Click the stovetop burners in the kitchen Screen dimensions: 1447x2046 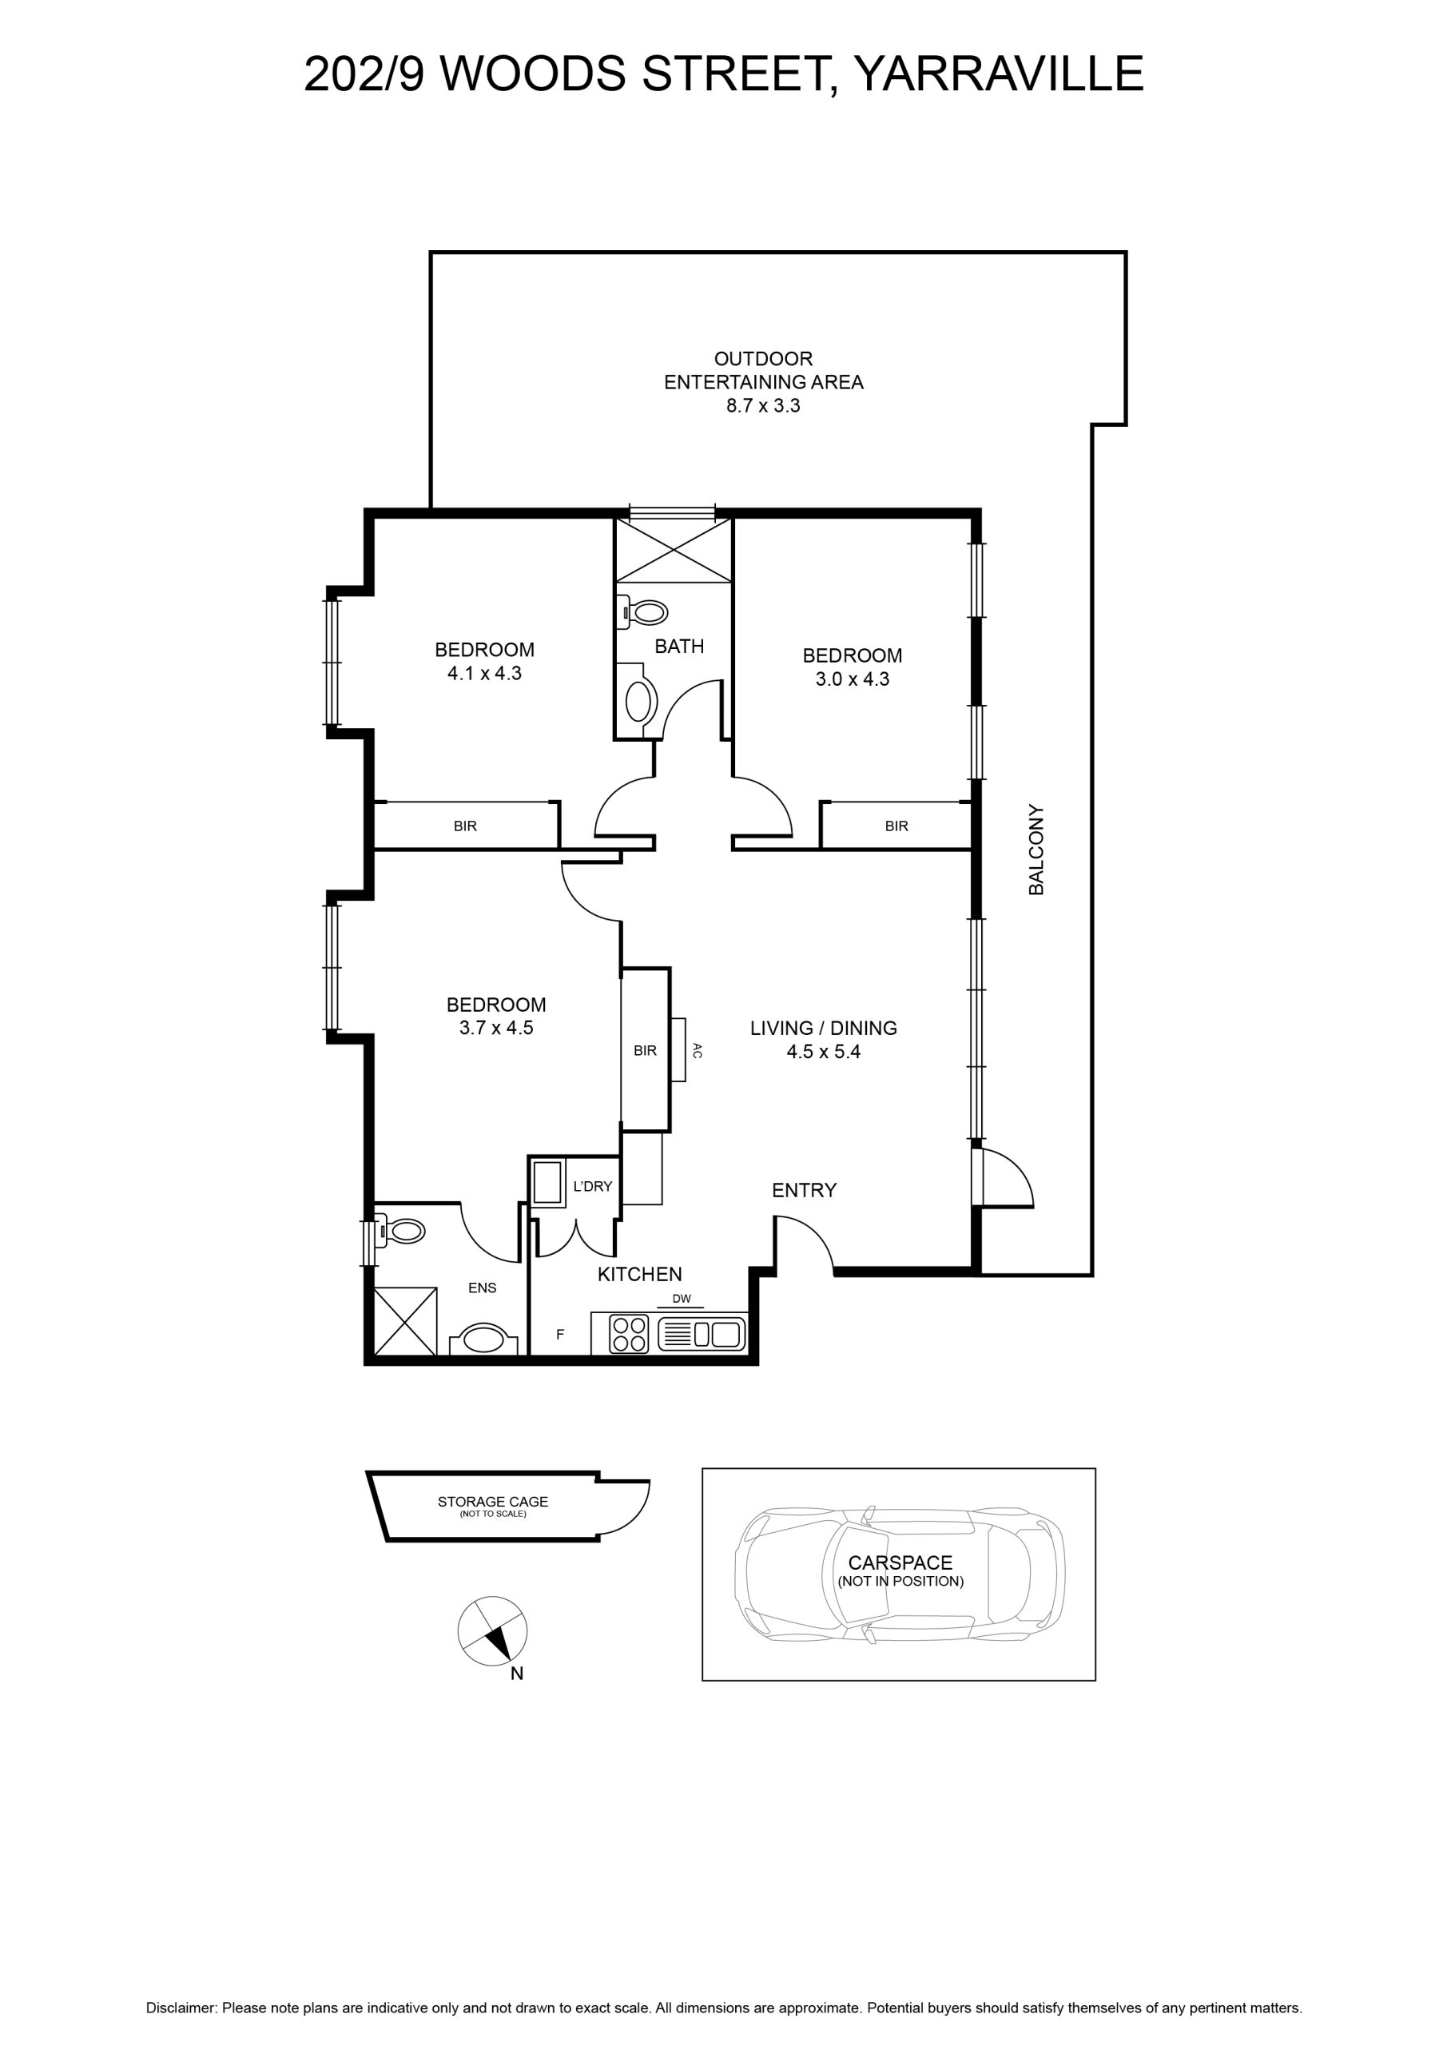pyautogui.click(x=629, y=1335)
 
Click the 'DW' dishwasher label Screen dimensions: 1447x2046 pyautogui.click(x=682, y=1299)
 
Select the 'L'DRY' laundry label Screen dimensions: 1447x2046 pyautogui.click(x=593, y=1186)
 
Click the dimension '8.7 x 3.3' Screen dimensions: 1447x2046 pyautogui.click(x=764, y=405)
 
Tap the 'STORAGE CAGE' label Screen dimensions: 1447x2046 pyautogui.click(x=493, y=1502)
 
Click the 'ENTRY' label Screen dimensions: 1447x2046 pyautogui.click(x=805, y=1190)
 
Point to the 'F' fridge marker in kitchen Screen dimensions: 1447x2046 pyautogui.click(x=560, y=1334)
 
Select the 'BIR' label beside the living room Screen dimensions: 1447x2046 pyautogui.click(x=645, y=1051)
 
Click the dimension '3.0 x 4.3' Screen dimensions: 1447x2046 pyautogui.click(x=853, y=679)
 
